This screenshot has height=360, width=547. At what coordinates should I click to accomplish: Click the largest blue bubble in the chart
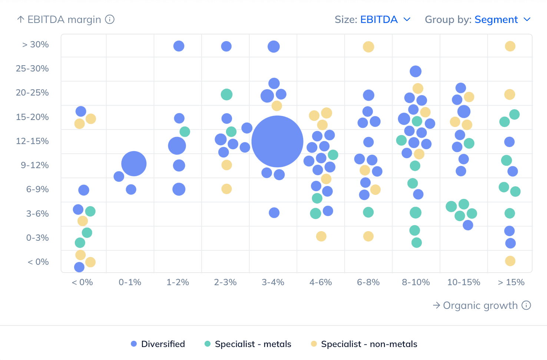(x=277, y=141)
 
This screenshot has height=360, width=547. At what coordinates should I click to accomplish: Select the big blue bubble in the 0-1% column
(x=134, y=164)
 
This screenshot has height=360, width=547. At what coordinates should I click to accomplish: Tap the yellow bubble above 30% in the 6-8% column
(x=368, y=47)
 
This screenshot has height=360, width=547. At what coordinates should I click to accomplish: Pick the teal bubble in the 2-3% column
(x=226, y=94)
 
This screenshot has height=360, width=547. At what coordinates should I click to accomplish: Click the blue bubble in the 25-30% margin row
(x=415, y=71)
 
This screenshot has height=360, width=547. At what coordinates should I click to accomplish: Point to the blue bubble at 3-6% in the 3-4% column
(x=274, y=213)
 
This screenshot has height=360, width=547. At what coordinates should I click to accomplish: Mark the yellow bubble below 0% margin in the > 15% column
(x=510, y=261)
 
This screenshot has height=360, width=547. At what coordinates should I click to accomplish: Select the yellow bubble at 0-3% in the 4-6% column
(x=321, y=236)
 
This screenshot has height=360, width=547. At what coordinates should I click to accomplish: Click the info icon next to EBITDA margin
(x=110, y=19)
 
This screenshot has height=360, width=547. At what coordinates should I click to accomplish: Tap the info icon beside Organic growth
(x=526, y=305)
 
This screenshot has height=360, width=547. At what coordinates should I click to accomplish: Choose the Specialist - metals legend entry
(x=248, y=344)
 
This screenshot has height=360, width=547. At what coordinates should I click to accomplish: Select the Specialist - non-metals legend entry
(x=364, y=344)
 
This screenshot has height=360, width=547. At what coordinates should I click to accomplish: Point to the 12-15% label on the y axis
(x=32, y=141)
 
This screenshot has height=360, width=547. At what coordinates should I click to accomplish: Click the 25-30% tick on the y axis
(x=32, y=69)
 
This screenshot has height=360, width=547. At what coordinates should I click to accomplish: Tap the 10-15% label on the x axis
(x=464, y=282)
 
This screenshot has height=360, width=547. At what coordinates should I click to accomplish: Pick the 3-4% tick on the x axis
(x=273, y=282)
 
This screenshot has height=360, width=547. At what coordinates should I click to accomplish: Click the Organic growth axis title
(x=480, y=305)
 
